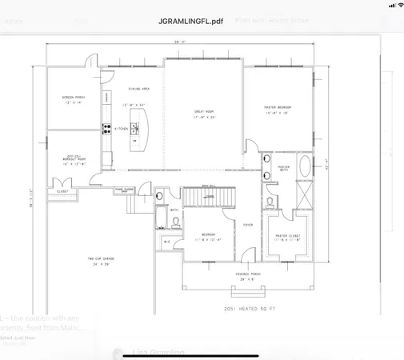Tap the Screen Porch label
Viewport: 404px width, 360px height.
(x=73, y=100)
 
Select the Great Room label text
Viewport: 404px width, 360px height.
(x=203, y=114)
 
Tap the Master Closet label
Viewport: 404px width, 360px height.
(x=286, y=238)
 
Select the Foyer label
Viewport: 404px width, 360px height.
(x=248, y=225)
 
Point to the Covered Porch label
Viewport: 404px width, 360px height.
(x=246, y=275)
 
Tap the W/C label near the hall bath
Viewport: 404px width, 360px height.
(x=167, y=241)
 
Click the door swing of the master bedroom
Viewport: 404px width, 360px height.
(x=250, y=146)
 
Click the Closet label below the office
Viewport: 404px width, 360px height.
(x=62, y=191)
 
